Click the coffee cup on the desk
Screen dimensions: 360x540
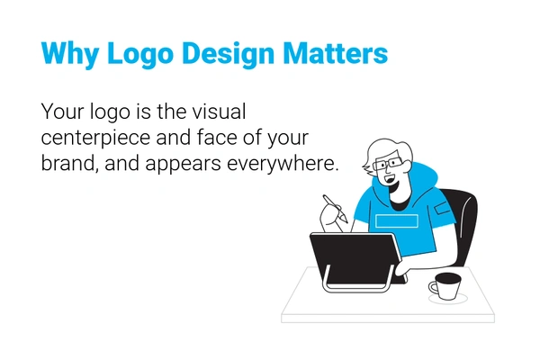coord(445,286)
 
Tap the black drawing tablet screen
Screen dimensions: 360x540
coord(352,256)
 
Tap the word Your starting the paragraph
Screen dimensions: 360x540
coord(59,113)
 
